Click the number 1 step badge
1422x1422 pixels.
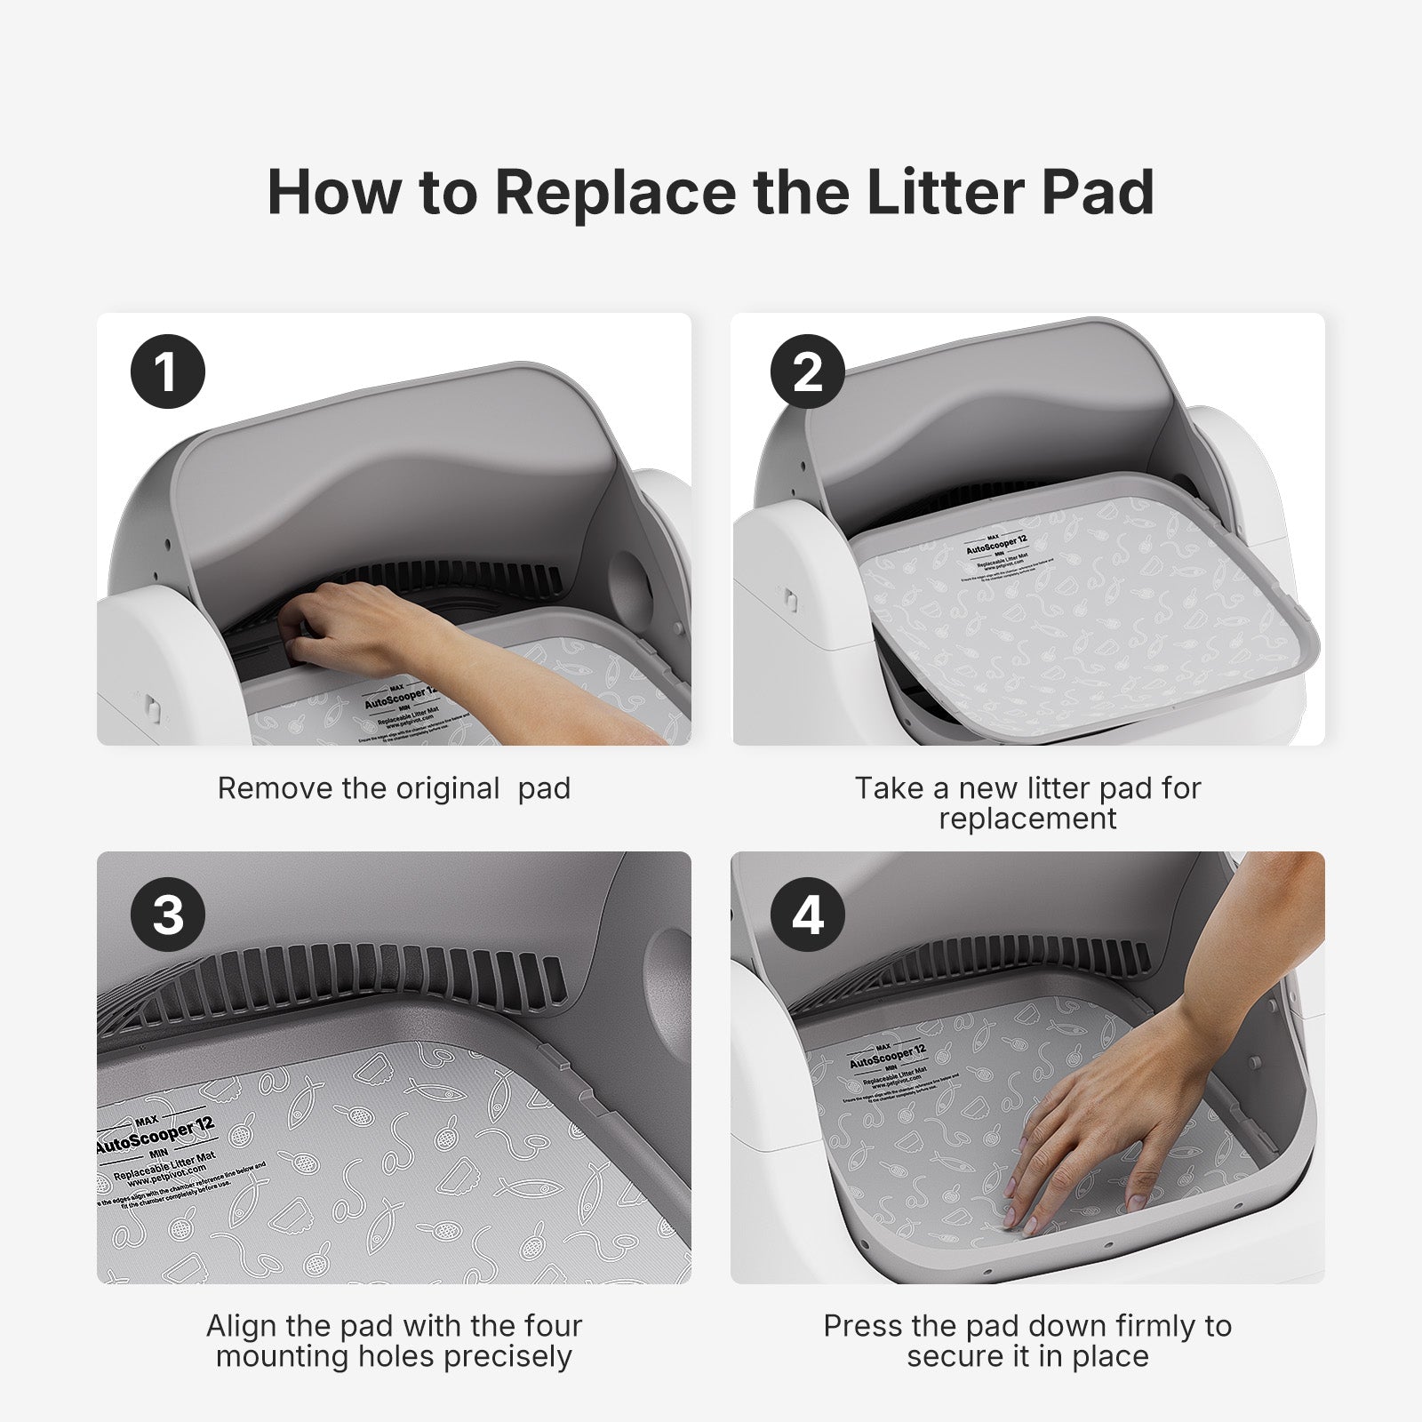[x=168, y=371]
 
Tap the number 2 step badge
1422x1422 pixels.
[x=807, y=371]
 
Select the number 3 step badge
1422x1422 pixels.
[x=168, y=915]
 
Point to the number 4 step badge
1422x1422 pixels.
[x=807, y=915]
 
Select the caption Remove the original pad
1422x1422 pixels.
[x=394, y=788]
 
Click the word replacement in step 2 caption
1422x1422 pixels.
[x=1027, y=819]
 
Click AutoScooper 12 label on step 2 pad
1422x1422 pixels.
[x=996, y=544]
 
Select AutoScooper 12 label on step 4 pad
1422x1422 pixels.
[x=887, y=1057]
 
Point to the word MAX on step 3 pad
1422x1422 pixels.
[x=147, y=1121]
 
